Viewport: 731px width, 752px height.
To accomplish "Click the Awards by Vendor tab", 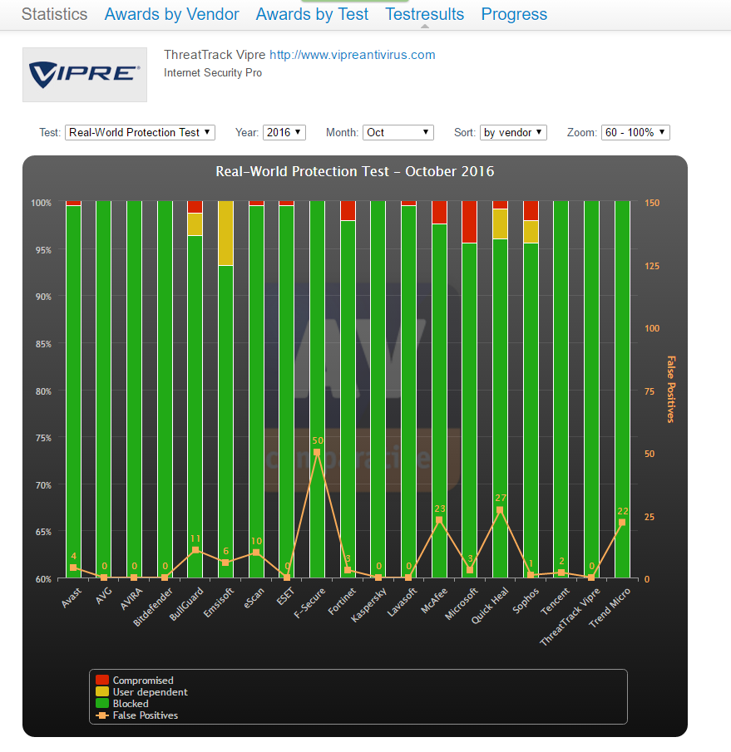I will [171, 14].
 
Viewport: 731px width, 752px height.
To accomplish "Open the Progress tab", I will [514, 14].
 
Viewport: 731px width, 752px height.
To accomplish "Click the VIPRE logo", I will [85, 75].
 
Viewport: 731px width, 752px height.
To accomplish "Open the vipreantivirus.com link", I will [352, 55].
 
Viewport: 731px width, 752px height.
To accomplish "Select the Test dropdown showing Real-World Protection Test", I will [140, 132].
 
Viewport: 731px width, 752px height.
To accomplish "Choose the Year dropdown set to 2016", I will [284, 132].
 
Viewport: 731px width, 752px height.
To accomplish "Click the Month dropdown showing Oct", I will [398, 132].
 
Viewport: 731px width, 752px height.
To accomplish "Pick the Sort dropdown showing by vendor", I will [513, 132].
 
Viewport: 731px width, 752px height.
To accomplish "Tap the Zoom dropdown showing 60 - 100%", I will [635, 132].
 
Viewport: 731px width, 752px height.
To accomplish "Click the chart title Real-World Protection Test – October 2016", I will [354, 172].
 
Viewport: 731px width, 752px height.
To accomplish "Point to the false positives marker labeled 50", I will [317, 452].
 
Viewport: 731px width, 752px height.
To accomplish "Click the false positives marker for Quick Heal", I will [500, 510].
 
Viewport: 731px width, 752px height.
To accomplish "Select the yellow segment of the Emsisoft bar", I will [225, 233].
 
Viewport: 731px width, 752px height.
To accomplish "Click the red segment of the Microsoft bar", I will [469, 221].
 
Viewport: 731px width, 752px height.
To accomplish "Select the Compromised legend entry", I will [143, 681].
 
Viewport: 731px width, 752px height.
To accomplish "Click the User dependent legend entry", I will [150, 692].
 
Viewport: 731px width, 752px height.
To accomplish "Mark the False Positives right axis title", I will [671, 389].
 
